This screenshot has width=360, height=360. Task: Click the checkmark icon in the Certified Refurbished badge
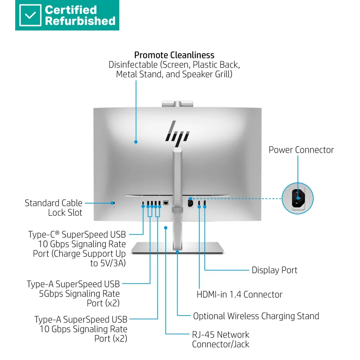pyautogui.click(x=30, y=15)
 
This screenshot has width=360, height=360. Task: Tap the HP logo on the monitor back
pyautogui.click(x=178, y=131)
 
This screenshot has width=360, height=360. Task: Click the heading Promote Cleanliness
pyautogui.click(x=174, y=55)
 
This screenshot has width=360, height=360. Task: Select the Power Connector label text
pyautogui.click(x=301, y=150)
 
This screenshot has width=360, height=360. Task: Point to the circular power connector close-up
pyautogui.click(x=298, y=198)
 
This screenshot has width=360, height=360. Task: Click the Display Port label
pyautogui.click(x=274, y=270)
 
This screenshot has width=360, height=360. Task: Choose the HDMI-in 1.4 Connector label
pyautogui.click(x=239, y=295)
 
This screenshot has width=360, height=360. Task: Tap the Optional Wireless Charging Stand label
pyautogui.click(x=256, y=316)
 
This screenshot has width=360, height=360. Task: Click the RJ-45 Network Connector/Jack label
pyautogui.click(x=220, y=339)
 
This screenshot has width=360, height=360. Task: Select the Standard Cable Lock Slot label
pyautogui.click(x=54, y=208)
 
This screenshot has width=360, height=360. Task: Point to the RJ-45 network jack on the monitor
pyautogui.click(x=166, y=203)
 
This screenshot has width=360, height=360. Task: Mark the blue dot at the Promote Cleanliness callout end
pyautogui.click(x=136, y=142)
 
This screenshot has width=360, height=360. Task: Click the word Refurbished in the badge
pyautogui.click(x=80, y=21)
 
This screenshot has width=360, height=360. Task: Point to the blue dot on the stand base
pyautogui.click(x=178, y=252)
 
